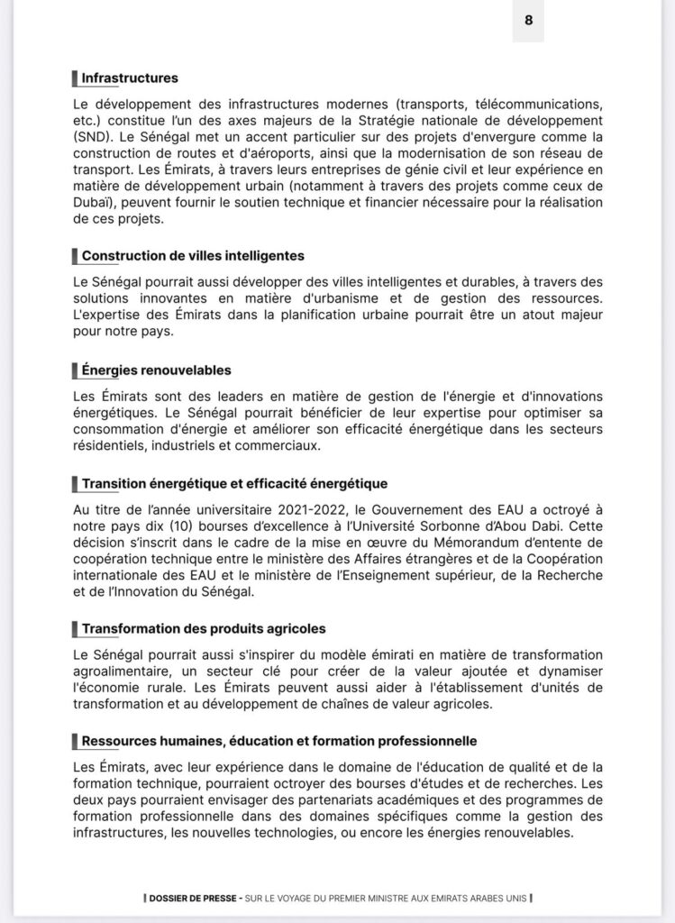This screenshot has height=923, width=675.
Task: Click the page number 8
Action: coord(528,21)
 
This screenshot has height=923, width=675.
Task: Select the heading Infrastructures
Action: coord(130,78)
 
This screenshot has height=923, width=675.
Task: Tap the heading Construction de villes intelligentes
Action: coord(193,256)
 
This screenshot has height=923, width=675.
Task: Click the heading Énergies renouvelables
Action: coord(156,370)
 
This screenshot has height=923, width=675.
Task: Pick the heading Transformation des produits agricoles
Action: coord(204,627)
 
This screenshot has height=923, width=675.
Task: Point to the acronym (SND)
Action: coord(94,136)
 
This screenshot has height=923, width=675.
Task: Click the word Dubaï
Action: coord(94,203)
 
